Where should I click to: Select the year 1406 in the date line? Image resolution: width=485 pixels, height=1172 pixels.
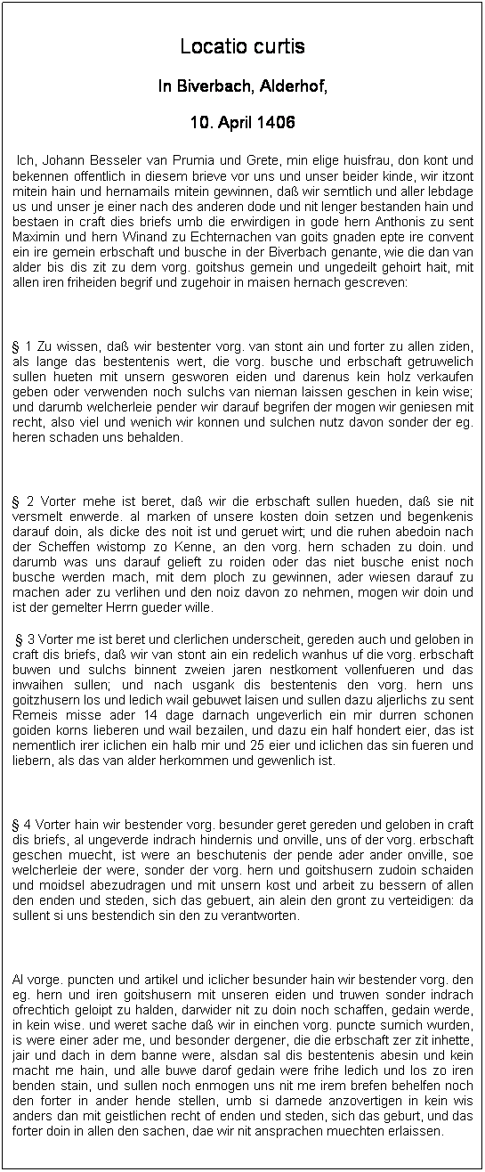(276, 121)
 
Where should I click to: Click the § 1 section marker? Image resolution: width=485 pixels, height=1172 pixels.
(22, 346)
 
